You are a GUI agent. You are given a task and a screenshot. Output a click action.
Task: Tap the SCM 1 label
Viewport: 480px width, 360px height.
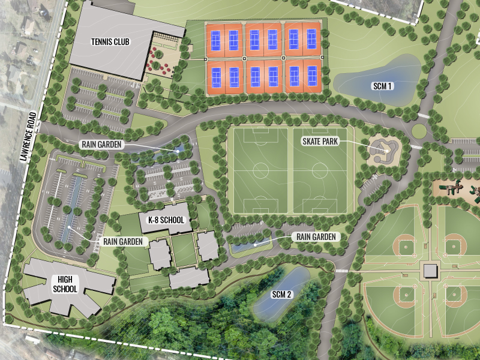(x=382, y=86)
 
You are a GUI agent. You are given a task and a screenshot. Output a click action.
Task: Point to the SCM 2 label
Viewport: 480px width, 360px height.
(x=281, y=294)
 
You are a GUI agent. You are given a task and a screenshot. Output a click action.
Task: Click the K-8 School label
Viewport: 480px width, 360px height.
(x=165, y=220)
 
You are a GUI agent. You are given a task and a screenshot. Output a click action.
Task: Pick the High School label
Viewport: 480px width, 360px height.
(x=65, y=284)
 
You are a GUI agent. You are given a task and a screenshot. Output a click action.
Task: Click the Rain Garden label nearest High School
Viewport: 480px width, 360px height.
(x=123, y=241)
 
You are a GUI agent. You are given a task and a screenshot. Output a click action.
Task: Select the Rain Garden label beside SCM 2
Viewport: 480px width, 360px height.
(x=316, y=237)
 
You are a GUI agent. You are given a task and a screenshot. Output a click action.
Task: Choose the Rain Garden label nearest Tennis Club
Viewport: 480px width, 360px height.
(x=101, y=144)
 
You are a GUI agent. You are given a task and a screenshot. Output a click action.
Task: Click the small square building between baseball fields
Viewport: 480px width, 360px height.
(x=431, y=271)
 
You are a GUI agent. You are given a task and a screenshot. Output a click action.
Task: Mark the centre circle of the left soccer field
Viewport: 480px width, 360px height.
(x=260, y=170)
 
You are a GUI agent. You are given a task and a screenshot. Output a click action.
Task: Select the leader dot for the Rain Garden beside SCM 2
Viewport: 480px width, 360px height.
(x=254, y=244)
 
